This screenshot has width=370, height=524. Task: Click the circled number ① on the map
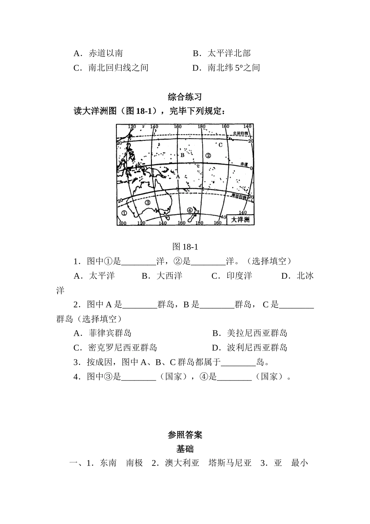124,213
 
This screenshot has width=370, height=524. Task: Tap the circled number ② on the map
208,155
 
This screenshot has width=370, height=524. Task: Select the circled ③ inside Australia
148,202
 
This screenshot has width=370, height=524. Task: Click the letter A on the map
178,176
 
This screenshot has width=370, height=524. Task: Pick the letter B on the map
182,155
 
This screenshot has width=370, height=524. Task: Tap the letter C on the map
220,145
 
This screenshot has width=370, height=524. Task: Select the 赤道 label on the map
244,164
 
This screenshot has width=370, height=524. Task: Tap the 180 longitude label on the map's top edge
201,127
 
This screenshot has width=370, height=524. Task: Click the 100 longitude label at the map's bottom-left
122,223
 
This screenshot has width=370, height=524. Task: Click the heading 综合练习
185,97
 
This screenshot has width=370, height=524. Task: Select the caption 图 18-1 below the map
185,246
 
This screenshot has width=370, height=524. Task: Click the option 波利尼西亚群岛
257,348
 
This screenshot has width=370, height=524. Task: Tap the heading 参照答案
185,435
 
